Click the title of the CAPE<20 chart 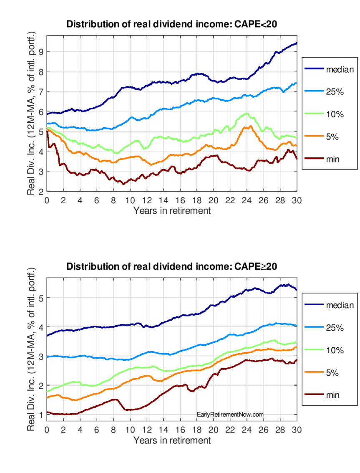(x=172, y=24)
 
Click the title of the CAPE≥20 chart (x=172, y=266)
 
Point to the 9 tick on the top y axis (x=41, y=51)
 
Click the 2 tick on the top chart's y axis (x=41, y=192)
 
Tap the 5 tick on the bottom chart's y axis (x=41, y=298)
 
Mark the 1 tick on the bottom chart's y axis (x=41, y=415)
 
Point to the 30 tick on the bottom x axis (x=297, y=430)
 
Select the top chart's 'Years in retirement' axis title (x=172, y=210)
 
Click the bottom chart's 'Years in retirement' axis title (x=172, y=440)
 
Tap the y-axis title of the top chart (x=31, y=114)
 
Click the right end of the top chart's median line (x=296, y=43)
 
